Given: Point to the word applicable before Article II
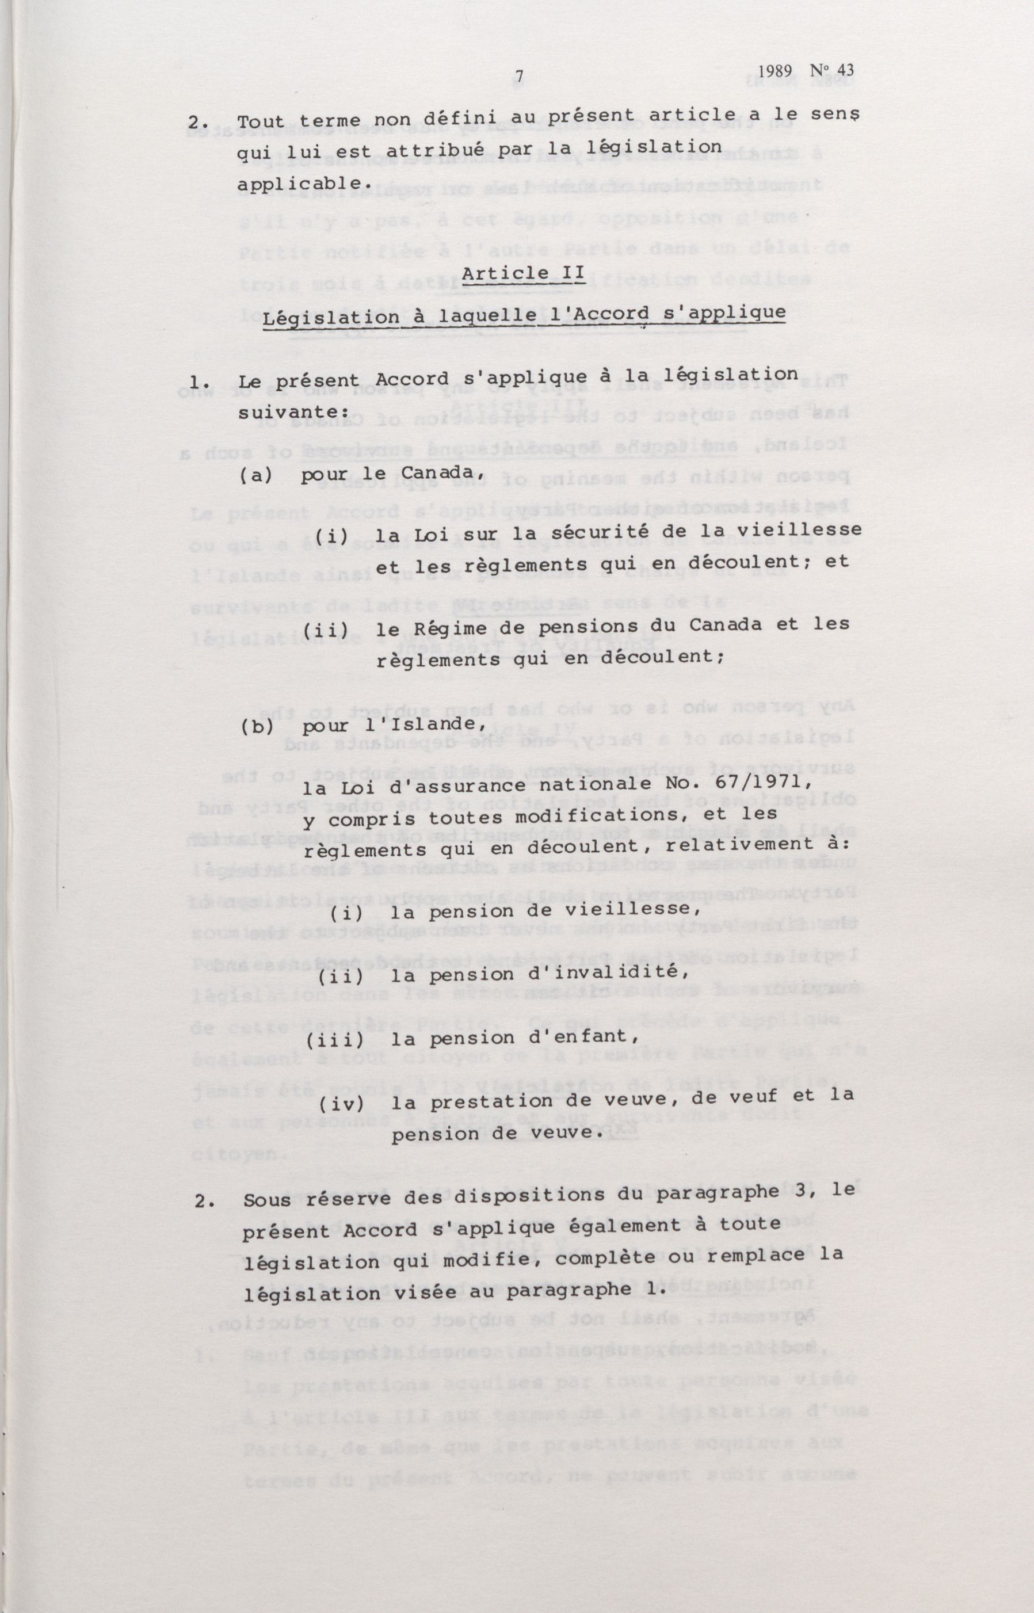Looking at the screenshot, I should tap(303, 184).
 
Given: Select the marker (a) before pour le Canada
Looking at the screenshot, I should tap(256, 476).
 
